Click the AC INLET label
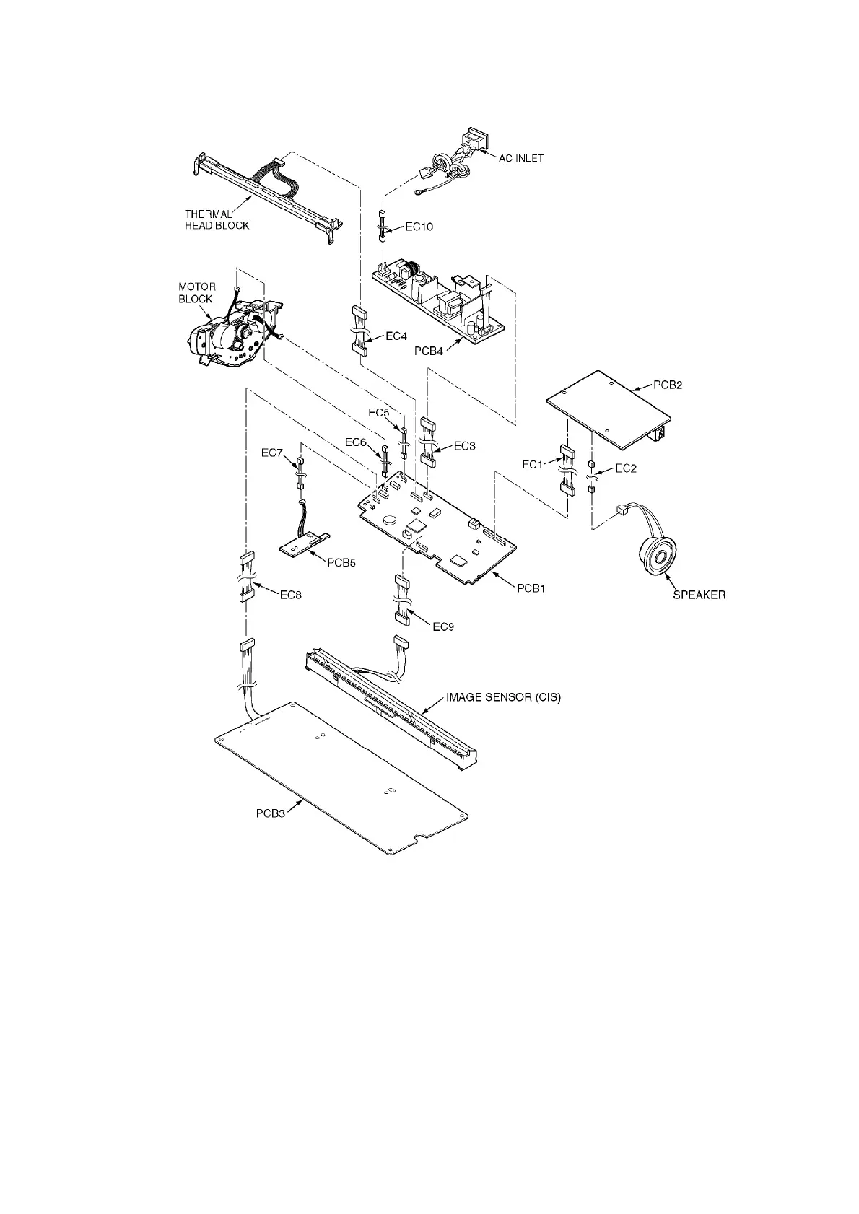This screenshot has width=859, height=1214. [x=520, y=158]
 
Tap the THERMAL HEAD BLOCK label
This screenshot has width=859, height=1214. [x=217, y=219]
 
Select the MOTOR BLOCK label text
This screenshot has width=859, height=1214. [x=196, y=292]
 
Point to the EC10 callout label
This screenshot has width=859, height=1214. [x=419, y=227]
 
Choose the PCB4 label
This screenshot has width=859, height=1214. [x=429, y=351]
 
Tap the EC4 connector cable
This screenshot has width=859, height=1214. [x=359, y=331]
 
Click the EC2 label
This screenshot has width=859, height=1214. [x=625, y=468]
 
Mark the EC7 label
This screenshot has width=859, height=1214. [x=273, y=453]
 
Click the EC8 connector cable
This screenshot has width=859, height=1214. [x=247, y=577]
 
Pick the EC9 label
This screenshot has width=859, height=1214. [x=442, y=626]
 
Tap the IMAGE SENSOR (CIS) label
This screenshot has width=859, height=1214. [x=502, y=698]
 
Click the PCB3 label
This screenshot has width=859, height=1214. [x=271, y=813]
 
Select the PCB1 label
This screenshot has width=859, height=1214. [x=530, y=588]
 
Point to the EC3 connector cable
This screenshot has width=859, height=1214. [x=428, y=441]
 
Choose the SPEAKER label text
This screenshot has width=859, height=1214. [x=699, y=595]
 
